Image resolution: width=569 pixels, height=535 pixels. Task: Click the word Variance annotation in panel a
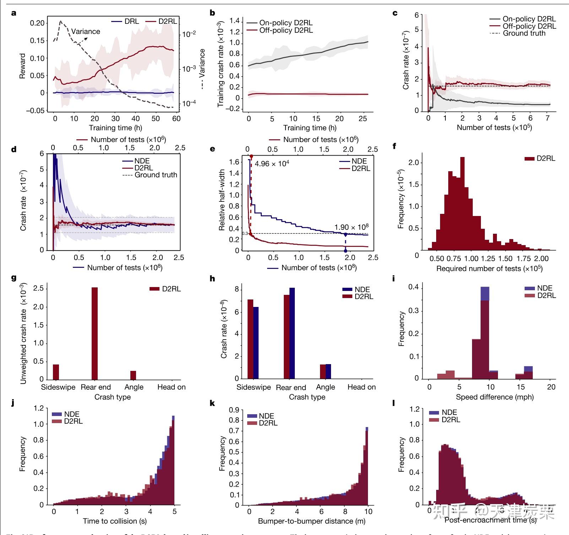[x=86, y=31]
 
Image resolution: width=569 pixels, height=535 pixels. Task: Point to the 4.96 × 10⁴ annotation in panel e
[x=272, y=164]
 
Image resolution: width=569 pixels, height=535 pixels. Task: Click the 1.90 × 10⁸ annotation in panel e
[x=351, y=227]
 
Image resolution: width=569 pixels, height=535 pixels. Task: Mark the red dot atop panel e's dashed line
[x=251, y=156]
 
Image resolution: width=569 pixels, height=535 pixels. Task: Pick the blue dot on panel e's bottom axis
[x=346, y=251]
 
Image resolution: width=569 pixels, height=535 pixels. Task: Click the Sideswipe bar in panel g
[x=56, y=372]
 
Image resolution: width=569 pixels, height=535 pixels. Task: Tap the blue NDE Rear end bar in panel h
[x=292, y=333]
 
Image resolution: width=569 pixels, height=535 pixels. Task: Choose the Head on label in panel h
[x=362, y=387]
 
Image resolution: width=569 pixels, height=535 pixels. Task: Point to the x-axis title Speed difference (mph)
[x=494, y=397]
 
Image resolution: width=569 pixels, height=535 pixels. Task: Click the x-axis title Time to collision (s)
[x=115, y=521]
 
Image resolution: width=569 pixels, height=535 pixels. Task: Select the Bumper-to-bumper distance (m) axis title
[x=311, y=521]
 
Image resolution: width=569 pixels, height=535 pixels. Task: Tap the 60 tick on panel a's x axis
[x=176, y=118]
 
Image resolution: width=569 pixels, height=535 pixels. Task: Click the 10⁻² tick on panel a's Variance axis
[x=189, y=34]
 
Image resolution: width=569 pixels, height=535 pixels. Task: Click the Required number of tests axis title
[x=489, y=269]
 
